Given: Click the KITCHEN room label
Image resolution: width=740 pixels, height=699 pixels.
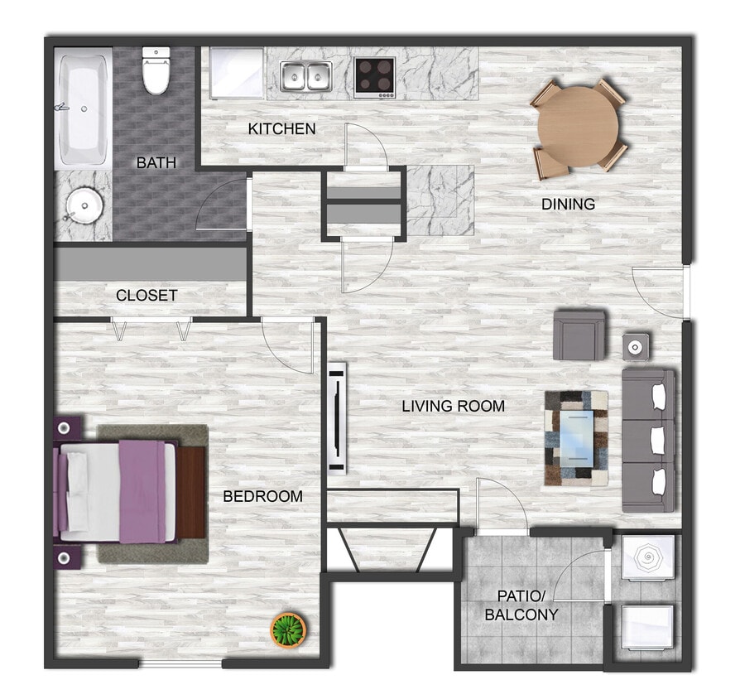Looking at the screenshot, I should pyautogui.click(x=282, y=128).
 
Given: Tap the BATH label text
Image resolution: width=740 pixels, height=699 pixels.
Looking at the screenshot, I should pyautogui.click(x=156, y=162).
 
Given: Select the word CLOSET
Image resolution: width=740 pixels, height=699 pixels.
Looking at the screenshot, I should pyautogui.click(x=147, y=295).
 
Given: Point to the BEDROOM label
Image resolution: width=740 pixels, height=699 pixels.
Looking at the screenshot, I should pyautogui.click(x=263, y=496).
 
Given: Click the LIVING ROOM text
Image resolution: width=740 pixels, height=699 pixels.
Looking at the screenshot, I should pyautogui.click(x=454, y=406).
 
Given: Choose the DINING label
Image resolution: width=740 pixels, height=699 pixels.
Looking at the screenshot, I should pyautogui.click(x=569, y=204).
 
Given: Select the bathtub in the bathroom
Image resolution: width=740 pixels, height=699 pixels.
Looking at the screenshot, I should pyautogui.click(x=83, y=108).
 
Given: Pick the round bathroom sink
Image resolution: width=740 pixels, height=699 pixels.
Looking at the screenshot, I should pyautogui.click(x=83, y=202).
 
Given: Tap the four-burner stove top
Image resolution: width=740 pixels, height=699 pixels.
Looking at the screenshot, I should pyautogui.click(x=375, y=76).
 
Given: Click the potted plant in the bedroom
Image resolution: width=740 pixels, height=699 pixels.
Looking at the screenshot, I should pyautogui.click(x=289, y=630).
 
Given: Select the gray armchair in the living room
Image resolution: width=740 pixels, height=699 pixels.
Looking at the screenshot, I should pyautogui.click(x=579, y=334).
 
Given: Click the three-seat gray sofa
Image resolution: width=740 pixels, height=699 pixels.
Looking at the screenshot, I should pyautogui.click(x=649, y=440).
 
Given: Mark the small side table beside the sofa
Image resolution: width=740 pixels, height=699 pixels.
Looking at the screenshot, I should pyautogui.click(x=636, y=345).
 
